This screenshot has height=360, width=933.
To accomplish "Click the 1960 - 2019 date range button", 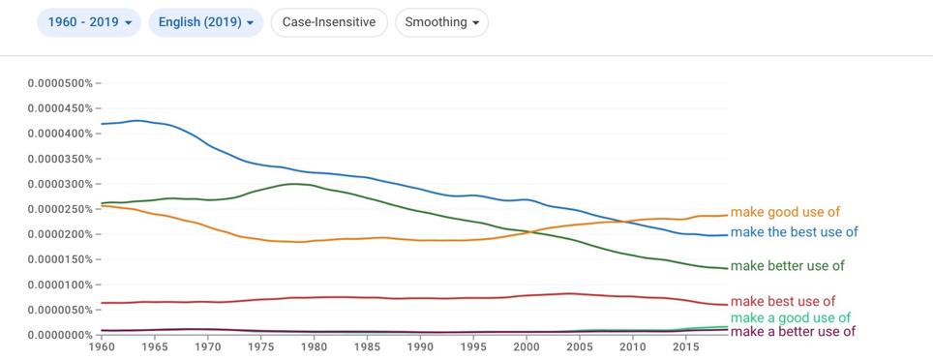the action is [89, 22].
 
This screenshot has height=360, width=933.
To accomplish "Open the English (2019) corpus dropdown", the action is [206, 22].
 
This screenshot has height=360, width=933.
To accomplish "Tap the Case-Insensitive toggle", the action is [329, 22].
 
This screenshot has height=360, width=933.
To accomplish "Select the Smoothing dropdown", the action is [441, 22].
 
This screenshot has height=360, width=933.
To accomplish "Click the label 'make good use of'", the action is [785, 212].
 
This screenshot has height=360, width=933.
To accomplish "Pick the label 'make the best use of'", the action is [795, 232].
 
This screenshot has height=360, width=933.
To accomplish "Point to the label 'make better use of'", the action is [787, 266].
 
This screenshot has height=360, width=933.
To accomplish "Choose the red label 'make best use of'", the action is [783, 301].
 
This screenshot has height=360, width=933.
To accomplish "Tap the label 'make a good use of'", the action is [790, 317].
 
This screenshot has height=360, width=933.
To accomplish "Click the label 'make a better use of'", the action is [793, 331].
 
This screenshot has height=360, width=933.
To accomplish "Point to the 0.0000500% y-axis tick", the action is [60, 82].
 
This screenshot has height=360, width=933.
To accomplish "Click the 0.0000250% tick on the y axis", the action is [60, 209].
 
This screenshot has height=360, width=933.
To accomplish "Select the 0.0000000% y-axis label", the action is [60, 335].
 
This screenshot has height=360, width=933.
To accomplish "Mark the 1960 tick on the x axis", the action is [102, 345].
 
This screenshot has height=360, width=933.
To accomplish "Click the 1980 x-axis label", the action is [314, 345].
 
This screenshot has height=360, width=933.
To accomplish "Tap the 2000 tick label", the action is [526, 345].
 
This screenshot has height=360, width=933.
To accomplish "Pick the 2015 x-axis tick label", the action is [685, 345].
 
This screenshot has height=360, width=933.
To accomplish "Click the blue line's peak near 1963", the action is [137, 120].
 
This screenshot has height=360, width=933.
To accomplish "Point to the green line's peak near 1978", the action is [293, 184].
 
